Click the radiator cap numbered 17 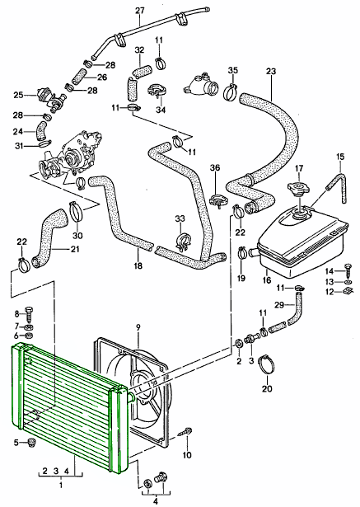click(x=298, y=187)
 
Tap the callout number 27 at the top click(x=139, y=11)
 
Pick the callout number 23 click(x=271, y=71)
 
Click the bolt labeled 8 click(x=29, y=313)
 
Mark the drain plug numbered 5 click(x=31, y=443)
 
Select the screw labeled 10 click(x=186, y=432)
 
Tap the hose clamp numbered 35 click(x=231, y=92)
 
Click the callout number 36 click(x=215, y=167)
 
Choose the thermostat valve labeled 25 click(x=51, y=98)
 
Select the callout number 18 click(x=138, y=265)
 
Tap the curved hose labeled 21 click(x=49, y=237)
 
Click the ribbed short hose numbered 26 click(x=78, y=77)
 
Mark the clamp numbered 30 click(x=77, y=211)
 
